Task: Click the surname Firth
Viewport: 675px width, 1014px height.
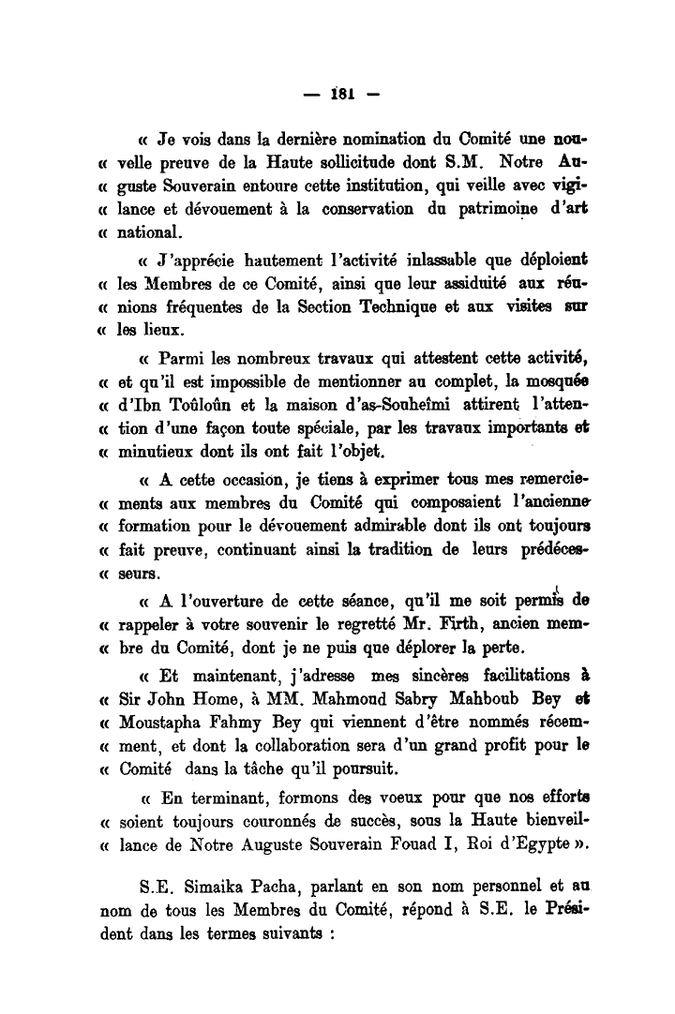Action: (x=426, y=622)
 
